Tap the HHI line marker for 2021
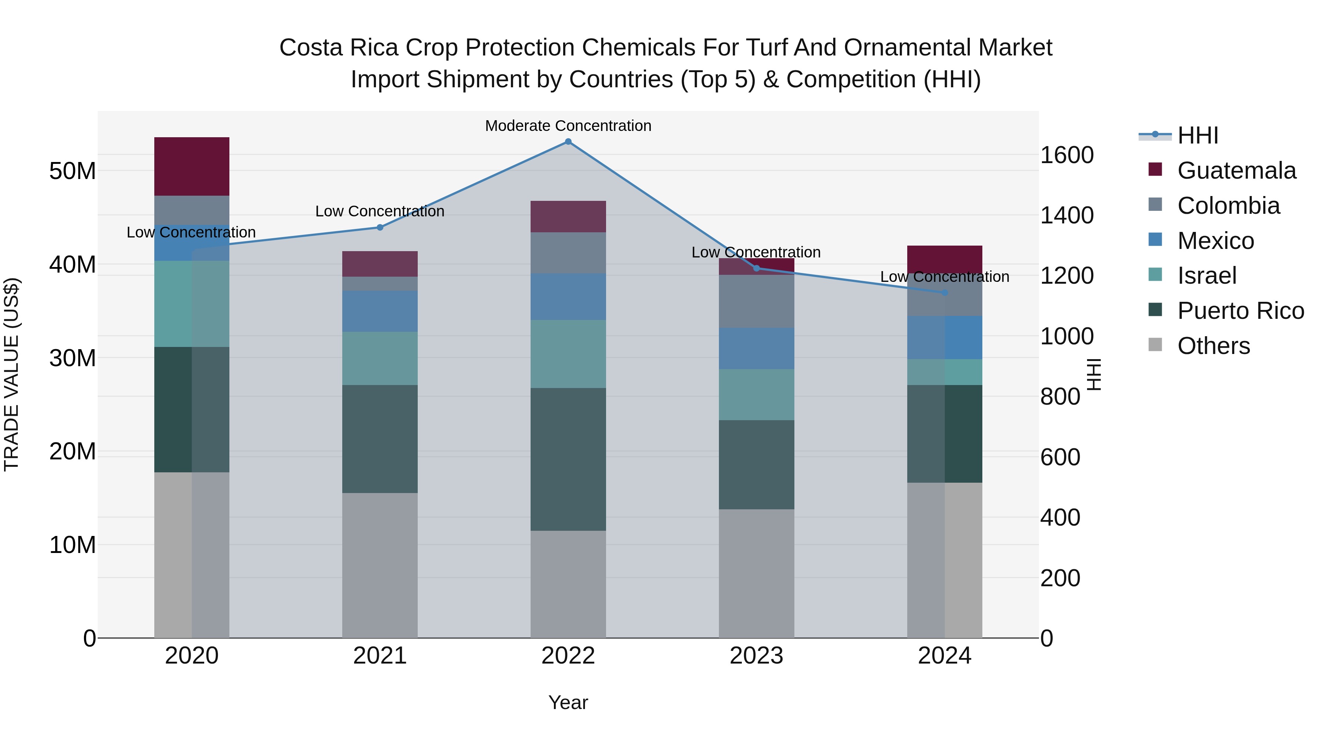point(380,227)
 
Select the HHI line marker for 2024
point(944,293)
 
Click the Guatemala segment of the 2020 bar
point(191,166)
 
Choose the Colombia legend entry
point(1228,206)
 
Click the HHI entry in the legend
point(1198,135)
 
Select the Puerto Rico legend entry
point(1240,311)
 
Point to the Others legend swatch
point(1155,345)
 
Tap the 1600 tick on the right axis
point(1066,155)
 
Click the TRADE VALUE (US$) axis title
point(11,374)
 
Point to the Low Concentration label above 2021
point(380,212)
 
